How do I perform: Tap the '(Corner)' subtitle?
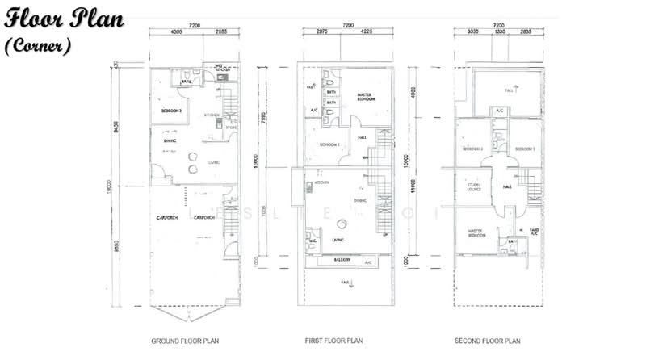point(38,46)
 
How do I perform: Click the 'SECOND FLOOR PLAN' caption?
point(487,341)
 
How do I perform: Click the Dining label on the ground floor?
point(170,141)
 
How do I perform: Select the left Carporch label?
point(166,218)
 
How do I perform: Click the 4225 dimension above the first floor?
point(366,32)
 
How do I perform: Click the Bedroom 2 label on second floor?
point(472,149)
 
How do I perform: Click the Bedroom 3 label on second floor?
point(526,149)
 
